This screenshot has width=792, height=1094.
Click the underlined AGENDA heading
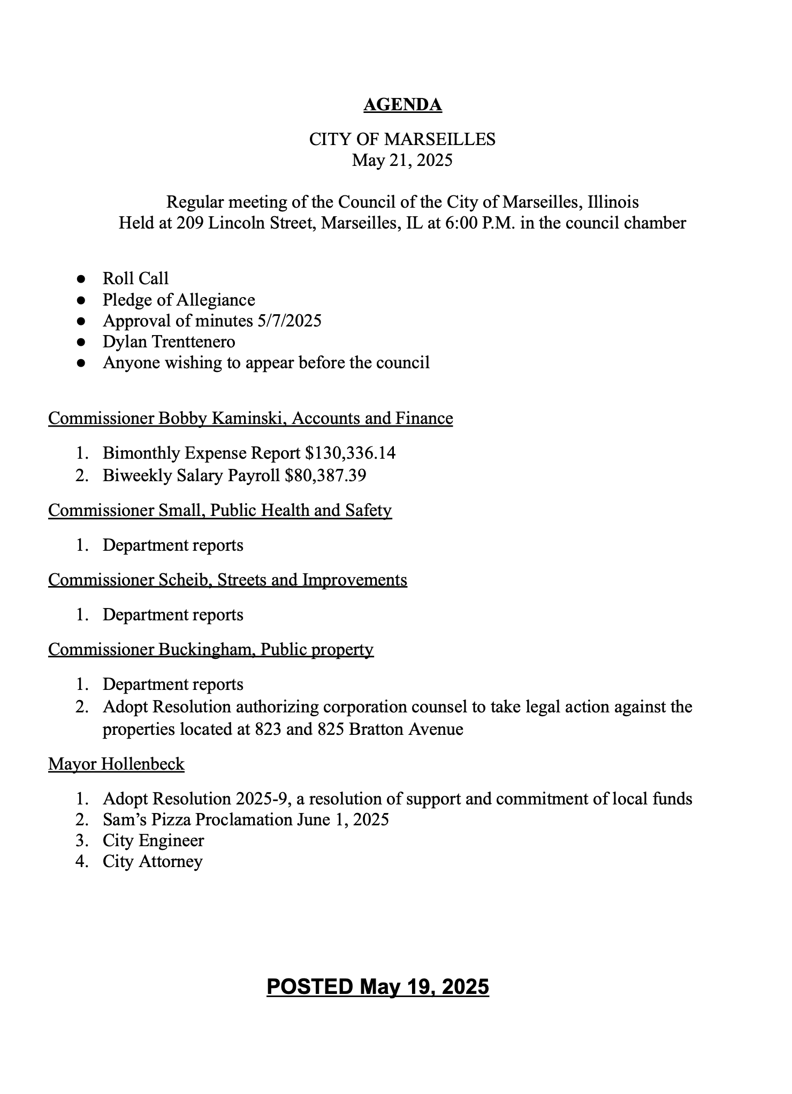click(x=402, y=105)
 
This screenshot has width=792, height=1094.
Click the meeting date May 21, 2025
click(x=402, y=160)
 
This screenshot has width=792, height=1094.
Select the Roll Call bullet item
click(x=135, y=278)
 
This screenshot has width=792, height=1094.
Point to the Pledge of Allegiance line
click(x=179, y=300)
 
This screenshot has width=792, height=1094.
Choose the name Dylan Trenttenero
click(x=169, y=341)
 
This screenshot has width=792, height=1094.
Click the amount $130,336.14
click(x=350, y=453)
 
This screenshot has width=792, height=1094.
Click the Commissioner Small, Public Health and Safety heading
click(x=220, y=510)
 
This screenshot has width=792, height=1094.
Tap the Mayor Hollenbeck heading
click(x=116, y=764)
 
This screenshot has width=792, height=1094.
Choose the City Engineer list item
click(x=153, y=840)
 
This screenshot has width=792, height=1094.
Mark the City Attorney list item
click(x=153, y=861)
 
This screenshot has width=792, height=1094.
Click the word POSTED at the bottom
click(x=310, y=986)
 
